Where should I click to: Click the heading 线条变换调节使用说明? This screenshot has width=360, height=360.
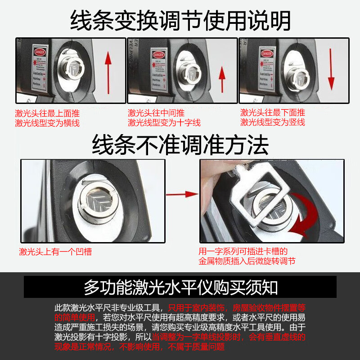coord(180,20)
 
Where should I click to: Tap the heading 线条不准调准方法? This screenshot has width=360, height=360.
coord(180,145)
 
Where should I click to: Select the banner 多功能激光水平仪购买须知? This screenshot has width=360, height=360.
coord(180,287)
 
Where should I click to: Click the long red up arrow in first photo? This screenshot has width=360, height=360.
coord(107,70)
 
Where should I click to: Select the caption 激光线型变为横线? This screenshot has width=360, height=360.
coord(47,122)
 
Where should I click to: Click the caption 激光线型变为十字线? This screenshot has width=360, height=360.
coord(164,122)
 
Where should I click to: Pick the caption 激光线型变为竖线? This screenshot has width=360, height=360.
coord(273,122)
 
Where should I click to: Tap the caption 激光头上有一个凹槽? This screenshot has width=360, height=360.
coord(55,252)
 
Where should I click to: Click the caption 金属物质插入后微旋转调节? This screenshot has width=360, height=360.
coord(247,261)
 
